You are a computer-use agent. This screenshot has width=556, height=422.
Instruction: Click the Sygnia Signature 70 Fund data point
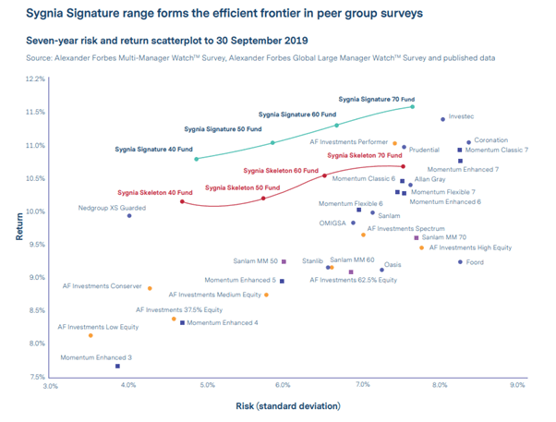point(413,107)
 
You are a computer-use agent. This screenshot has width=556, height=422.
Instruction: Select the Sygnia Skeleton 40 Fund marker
point(182,201)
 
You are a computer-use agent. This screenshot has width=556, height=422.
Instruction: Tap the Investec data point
point(442,119)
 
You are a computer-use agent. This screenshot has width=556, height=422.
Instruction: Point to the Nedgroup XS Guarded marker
point(129,216)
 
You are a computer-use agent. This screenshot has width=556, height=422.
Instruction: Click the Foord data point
point(460,262)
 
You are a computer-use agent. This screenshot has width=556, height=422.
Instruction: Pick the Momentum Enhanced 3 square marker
point(117,367)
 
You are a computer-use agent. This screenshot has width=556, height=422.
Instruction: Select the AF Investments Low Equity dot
point(91,335)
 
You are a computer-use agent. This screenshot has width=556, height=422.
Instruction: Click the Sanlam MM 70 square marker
point(417,237)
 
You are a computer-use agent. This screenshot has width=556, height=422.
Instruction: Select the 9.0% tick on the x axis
point(517,386)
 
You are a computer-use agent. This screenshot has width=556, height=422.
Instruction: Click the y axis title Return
point(18,227)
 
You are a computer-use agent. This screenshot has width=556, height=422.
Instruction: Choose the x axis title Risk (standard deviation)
point(286,405)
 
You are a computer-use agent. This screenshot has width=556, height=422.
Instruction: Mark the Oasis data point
point(381,271)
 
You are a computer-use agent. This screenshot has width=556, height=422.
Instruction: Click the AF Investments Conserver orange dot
point(150,288)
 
